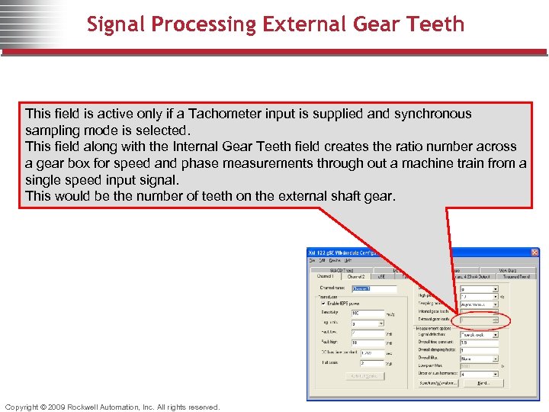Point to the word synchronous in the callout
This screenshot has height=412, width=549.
point(432,114)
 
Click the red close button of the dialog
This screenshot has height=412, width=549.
point(534,253)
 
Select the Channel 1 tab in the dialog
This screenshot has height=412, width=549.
point(326,276)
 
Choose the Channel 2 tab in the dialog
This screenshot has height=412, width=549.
point(356,276)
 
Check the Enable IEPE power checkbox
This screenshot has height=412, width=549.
point(323,303)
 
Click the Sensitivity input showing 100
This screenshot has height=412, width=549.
point(367,313)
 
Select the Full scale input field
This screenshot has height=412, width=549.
point(367,364)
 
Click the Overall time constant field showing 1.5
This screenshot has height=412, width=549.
point(478,343)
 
